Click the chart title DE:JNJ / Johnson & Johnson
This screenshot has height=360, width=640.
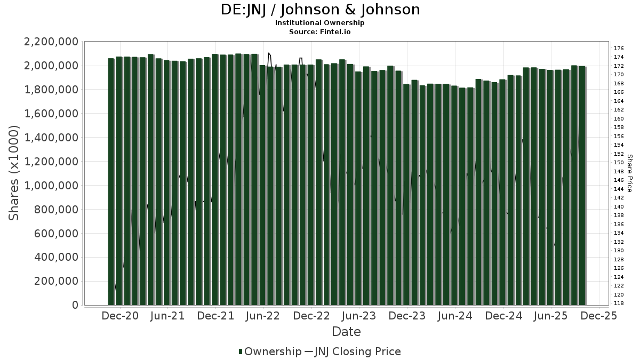tap(320, 10)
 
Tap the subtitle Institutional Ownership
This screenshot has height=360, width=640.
tap(320, 23)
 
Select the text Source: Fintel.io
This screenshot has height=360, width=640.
tap(320, 31)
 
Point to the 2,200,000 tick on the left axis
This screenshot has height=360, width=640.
tap(49, 42)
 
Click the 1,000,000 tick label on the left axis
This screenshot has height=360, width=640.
tap(49, 186)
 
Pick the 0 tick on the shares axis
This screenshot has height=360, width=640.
tap(75, 305)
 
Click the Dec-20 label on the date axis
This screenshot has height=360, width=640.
tap(121, 316)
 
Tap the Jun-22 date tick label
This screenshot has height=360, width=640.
tap(263, 316)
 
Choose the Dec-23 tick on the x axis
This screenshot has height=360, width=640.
tap(407, 316)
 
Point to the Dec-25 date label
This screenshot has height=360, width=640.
tap(599, 316)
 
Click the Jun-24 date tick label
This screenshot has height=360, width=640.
tap(455, 316)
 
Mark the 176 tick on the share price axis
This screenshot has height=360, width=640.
tap(619, 48)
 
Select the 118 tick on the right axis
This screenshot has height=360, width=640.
tap(619, 303)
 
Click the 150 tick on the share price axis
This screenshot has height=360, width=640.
tap(619, 163)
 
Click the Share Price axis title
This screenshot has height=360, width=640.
tap(629, 173)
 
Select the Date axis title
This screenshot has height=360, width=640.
tap(346, 332)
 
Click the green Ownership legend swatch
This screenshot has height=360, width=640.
tap(241, 351)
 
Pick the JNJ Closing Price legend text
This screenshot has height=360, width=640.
tap(358, 351)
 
